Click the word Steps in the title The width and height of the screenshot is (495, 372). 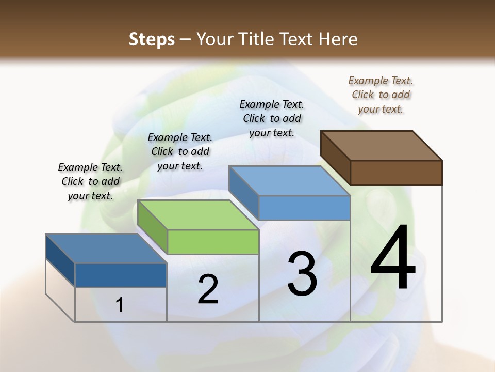coord(152,39)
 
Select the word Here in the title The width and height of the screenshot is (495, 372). coord(339,39)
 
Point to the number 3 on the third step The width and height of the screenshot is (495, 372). coord(302,274)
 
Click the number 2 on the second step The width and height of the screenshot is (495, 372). coord(208,289)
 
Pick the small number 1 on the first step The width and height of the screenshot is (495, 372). coord(120,305)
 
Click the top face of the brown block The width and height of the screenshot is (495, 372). coord(382,145)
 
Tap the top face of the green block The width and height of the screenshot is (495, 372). coord(198,214)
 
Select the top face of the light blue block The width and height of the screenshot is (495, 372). coord(290,181)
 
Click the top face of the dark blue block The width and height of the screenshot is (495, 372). coord(106,249)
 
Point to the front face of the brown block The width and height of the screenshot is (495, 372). coord(396,172)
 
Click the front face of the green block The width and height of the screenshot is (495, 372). coord(213,242)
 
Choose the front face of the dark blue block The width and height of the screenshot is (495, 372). coord(121,275)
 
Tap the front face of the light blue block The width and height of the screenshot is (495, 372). coord(304,208)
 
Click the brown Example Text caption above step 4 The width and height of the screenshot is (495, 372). coord(381,95)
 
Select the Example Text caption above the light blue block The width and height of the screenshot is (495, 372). coord(272,118)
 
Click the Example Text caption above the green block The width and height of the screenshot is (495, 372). coord(180,151)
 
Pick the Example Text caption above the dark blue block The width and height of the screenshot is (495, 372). coord(90,181)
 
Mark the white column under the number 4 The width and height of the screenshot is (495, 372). coord(396,305)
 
